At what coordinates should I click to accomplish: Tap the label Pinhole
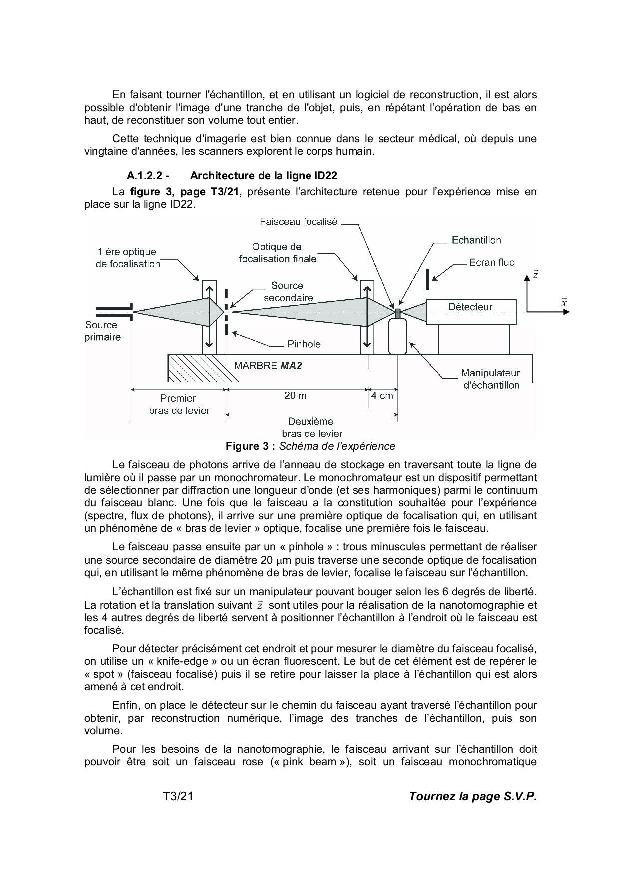304,344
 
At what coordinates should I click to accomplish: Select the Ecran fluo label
492,262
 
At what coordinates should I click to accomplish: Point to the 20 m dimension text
296,395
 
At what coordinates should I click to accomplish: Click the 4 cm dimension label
382,395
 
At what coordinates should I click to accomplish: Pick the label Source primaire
102,331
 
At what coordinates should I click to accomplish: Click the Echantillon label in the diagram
476,240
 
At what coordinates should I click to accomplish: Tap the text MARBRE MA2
268,365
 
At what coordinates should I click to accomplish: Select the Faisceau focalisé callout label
299,222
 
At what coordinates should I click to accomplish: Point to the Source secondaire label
288,292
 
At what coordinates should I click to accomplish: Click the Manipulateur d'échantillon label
490,379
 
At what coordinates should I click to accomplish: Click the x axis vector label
564,302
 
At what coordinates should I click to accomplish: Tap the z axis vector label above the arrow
535,275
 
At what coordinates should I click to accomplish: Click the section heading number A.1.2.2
148,176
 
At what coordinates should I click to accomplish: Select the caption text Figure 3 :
251,446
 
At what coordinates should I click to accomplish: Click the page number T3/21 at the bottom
178,797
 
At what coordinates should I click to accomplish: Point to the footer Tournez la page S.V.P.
473,797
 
